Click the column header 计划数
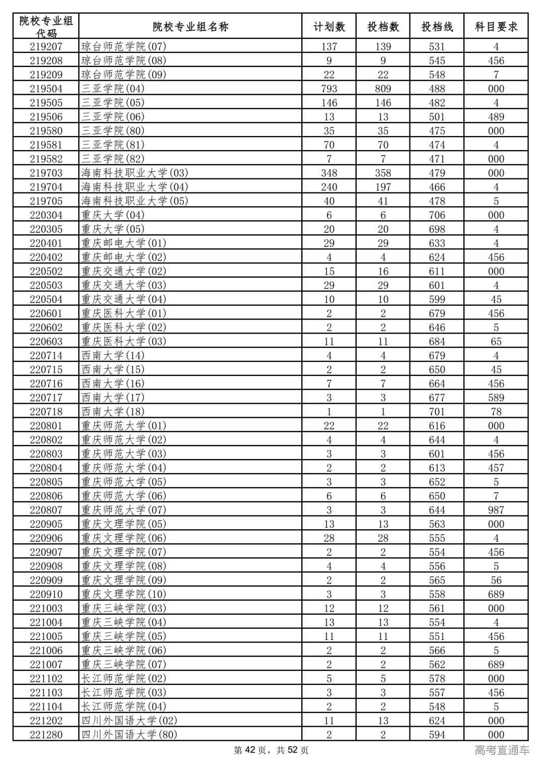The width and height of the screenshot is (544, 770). [x=329, y=27]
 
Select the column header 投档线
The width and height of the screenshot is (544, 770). [x=437, y=27]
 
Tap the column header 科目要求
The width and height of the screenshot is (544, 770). [x=496, y=27]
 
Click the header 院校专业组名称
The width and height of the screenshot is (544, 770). [x=190, y=27]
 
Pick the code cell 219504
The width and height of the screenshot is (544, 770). [x=46, y=89]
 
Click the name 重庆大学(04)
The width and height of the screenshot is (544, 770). [x=113, y=215]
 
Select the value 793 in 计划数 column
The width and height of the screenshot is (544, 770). [x=329, y=89]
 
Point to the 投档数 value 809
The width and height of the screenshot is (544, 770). [x=383, y=89]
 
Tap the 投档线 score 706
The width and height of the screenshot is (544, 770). [x=437, y=215]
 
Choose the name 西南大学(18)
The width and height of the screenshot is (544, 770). [x=113, y=412]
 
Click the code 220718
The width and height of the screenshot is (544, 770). [x=46, y=412]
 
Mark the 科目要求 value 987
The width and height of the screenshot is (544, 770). [x=496, y=510]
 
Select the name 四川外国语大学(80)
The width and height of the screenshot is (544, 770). [x=129, y=735]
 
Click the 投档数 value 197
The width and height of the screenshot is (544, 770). [x=383, y=187]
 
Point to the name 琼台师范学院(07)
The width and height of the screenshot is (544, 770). [x=123, y=46]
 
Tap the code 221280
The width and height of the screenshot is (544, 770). [x=46, y=735]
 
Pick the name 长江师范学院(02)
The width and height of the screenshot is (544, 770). [x=123, y=678]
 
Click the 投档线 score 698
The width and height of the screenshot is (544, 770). [x=437, y=229]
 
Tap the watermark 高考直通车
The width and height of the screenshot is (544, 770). [x=502, y=750]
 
